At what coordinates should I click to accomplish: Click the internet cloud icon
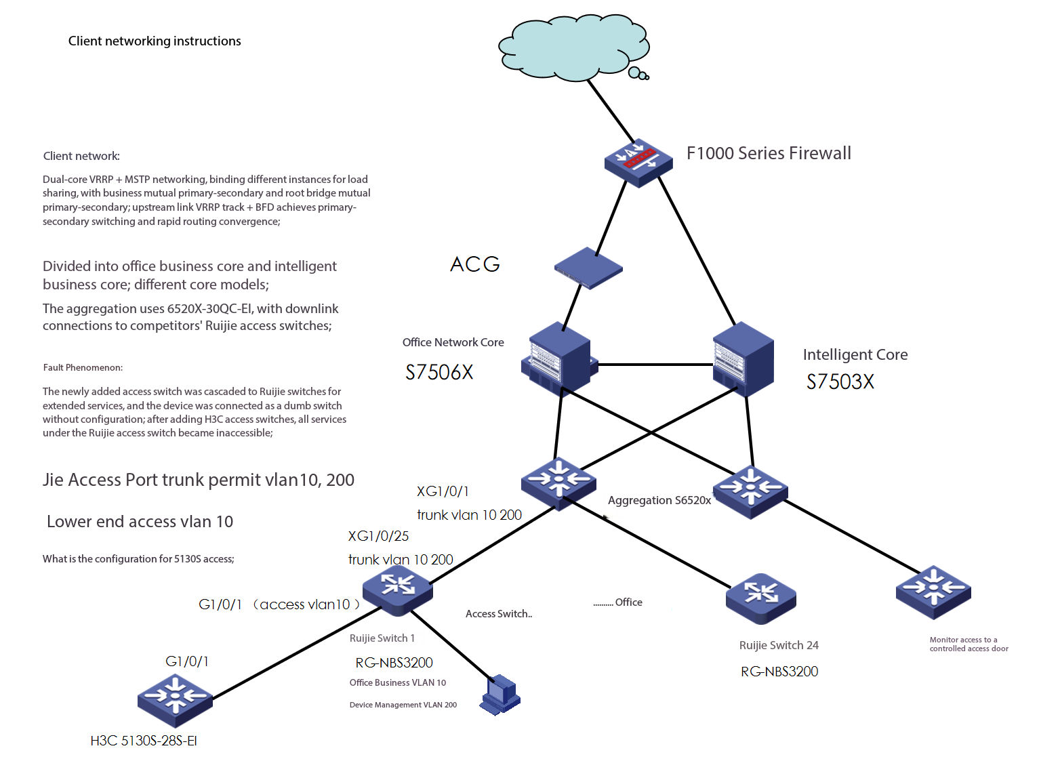pos(573,50)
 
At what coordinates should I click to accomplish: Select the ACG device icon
pos(588,268)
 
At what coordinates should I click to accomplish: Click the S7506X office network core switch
pos(558,359)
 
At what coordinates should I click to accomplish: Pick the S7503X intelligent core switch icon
pos(743,359)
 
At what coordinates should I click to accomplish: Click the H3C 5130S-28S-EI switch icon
pos(175,700)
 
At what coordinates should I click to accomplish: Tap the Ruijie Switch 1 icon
pos(398,590)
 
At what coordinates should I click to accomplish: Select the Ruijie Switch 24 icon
pos(760,598)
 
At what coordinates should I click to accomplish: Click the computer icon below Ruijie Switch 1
pos(500,694)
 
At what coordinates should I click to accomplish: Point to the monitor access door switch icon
pos(933,592)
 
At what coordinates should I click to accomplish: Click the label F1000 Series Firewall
pos(769,153)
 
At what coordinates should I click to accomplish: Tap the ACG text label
pos(475,264)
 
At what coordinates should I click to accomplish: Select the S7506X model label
pos(439,372)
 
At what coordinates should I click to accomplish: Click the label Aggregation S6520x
pos(659,500)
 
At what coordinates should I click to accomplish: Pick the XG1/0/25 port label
pos(378,536)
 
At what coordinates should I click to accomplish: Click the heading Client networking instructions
pos(155,41)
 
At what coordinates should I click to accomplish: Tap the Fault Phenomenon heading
pos(83,367)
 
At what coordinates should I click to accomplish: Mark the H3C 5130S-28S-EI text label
pos(144,741)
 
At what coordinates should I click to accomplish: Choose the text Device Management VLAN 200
pos(403,705)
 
